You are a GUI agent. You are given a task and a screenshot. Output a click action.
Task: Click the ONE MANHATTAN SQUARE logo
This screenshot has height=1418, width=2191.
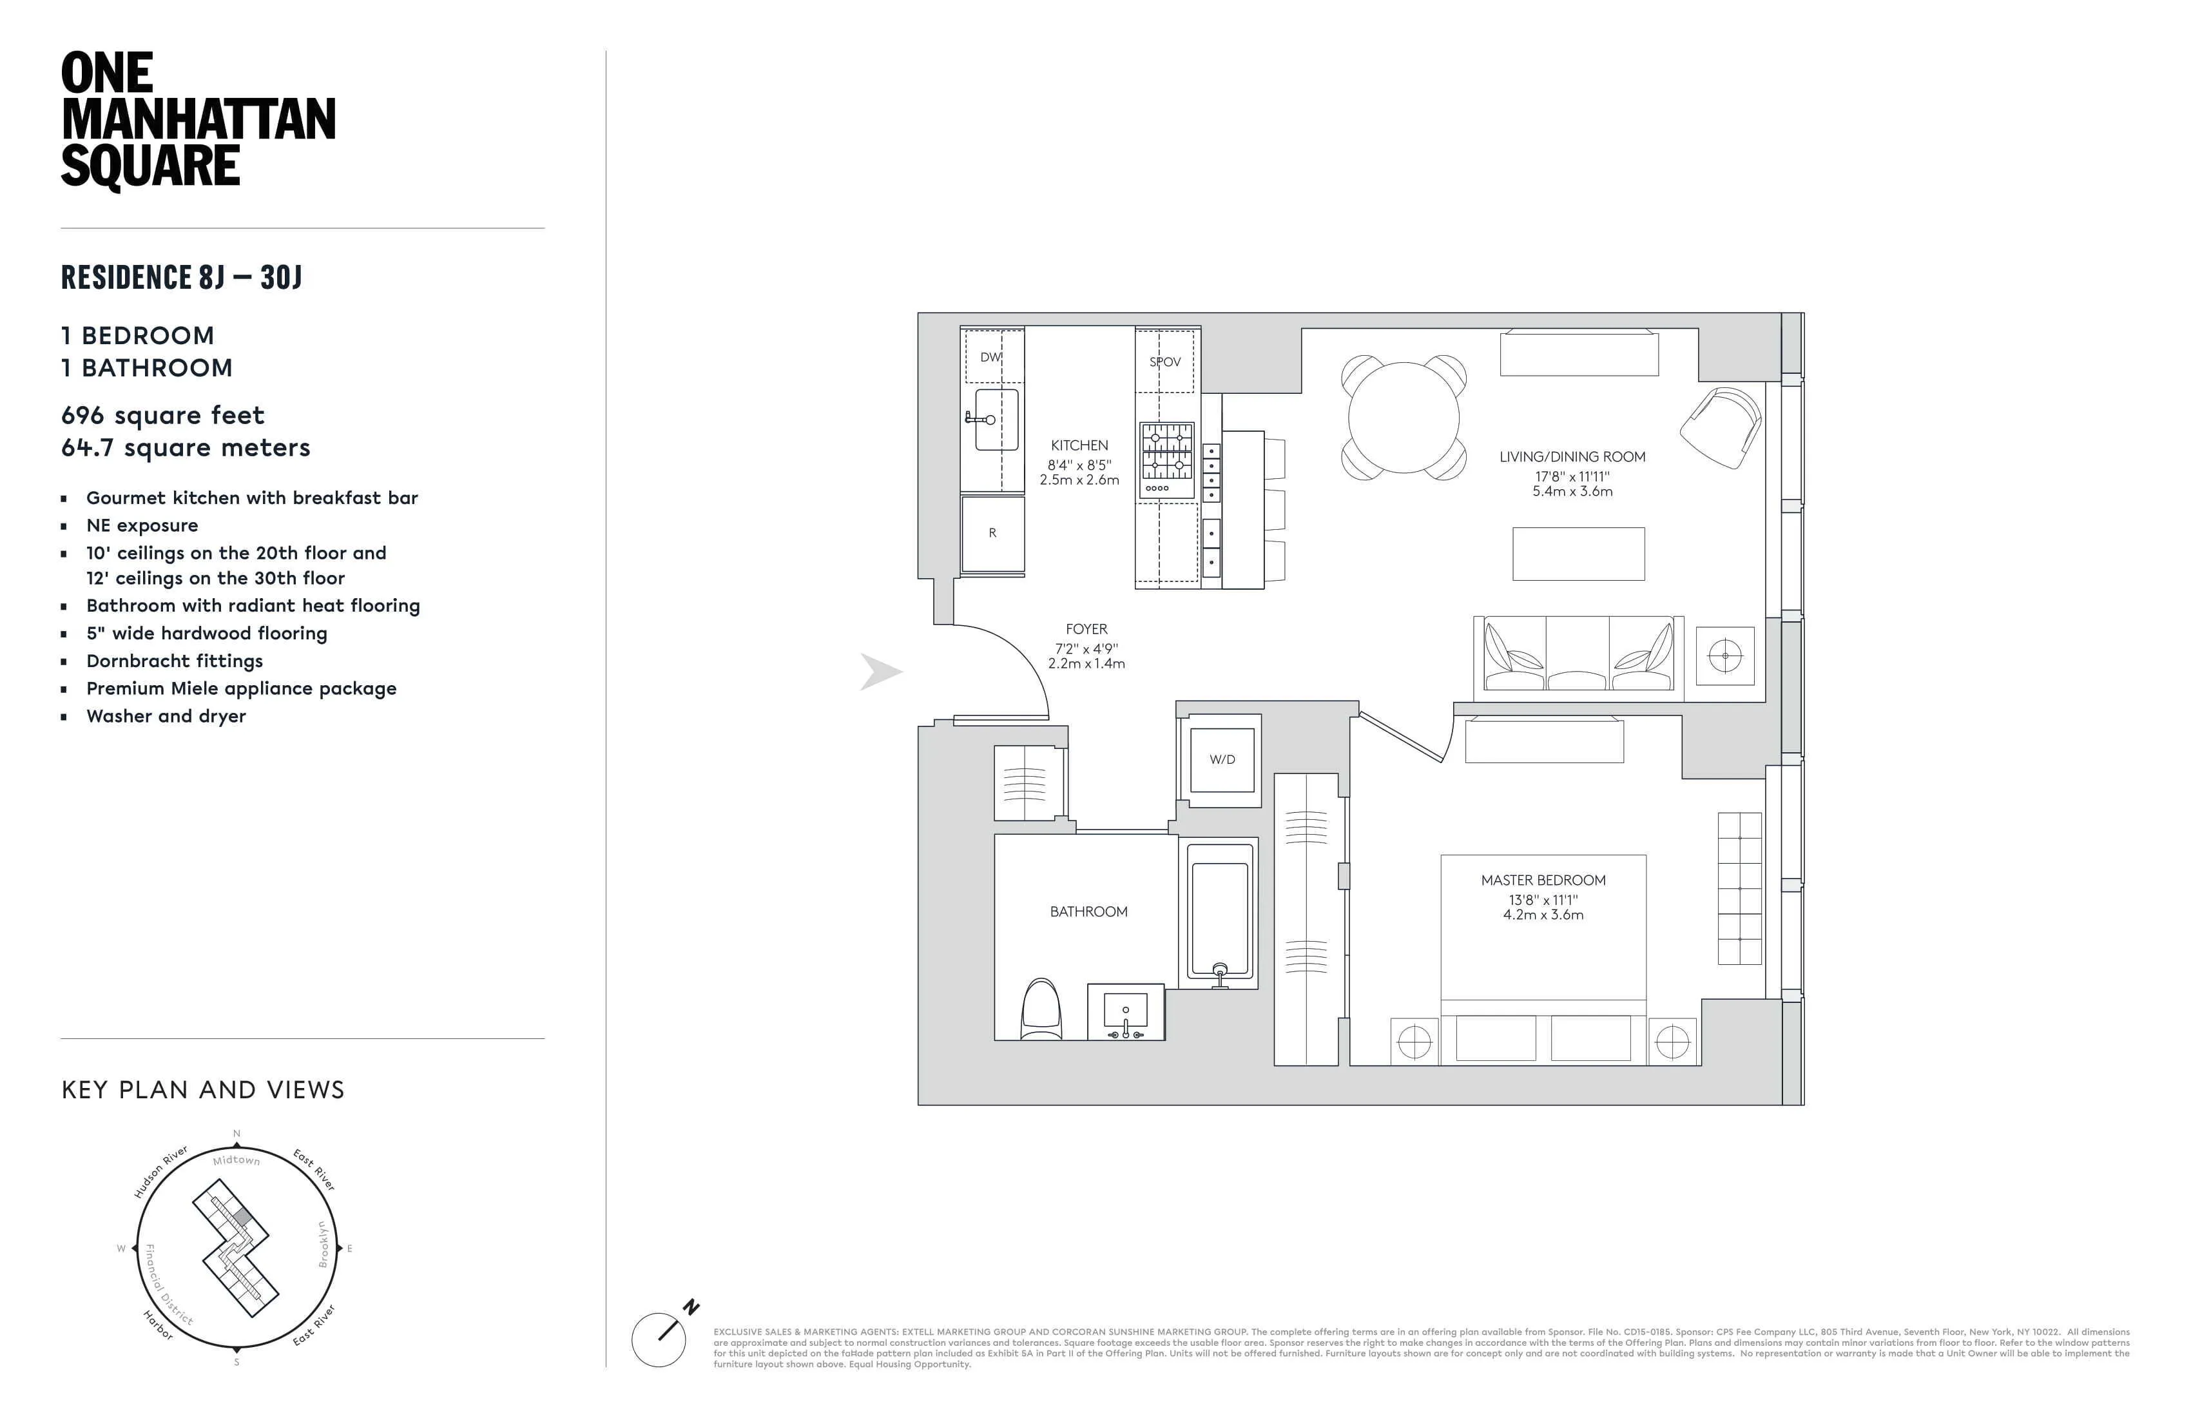point(198,120)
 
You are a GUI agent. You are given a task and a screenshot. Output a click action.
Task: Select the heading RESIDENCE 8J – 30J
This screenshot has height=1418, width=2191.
point(181,277)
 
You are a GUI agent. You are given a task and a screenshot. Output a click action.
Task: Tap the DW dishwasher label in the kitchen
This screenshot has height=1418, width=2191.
point(990,357)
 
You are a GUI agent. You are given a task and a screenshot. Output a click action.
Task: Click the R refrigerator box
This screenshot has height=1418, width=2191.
point(992,533)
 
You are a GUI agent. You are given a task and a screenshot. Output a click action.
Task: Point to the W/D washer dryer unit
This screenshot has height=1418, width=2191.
point(1222,760)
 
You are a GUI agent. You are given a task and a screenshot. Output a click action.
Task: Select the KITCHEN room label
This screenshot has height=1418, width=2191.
point(1079,445)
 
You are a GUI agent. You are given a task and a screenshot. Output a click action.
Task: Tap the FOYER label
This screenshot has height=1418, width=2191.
point(1086,629)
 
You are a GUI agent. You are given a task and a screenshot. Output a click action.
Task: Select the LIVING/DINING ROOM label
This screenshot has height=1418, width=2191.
point(1572,457)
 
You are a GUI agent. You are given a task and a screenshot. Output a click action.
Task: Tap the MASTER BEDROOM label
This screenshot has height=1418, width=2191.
point(1543,880)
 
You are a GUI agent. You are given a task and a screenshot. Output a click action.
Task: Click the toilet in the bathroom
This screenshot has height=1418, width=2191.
point(1041,1011)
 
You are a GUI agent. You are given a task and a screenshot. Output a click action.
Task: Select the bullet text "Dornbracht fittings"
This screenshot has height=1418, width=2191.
point(174,661)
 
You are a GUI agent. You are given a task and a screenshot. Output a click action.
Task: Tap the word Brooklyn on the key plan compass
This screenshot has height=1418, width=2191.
point(323,1244)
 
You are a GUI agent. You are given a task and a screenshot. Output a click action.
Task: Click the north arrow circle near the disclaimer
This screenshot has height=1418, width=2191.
point(658,1340)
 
